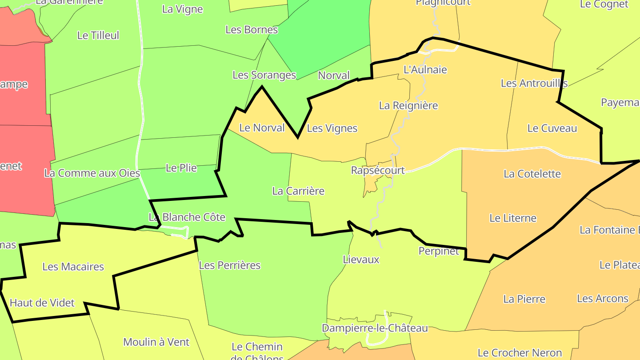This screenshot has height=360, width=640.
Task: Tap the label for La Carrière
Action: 298,191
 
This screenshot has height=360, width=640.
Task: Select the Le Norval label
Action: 262,128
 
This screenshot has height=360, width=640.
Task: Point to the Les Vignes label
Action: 332,128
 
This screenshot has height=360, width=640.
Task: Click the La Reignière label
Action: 408,106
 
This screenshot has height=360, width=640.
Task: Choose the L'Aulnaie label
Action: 425,70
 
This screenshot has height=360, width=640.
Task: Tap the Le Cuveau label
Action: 552,128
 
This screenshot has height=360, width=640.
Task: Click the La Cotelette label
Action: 532,174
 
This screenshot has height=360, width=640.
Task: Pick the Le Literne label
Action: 513,218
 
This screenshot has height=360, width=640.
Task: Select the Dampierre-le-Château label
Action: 375,328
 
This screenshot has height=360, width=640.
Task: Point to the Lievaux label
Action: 361,260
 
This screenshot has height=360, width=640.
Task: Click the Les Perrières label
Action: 229,265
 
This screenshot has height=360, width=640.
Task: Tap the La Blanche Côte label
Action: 187,217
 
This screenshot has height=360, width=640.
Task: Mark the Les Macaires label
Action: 73,267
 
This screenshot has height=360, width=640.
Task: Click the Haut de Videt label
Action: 42,303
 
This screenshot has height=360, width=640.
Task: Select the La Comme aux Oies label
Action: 92,173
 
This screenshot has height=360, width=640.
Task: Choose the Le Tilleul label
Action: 98,36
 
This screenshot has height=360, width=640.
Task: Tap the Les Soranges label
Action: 264,75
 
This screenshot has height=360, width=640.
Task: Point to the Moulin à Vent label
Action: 156,342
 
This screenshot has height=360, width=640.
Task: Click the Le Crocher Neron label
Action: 520,353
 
